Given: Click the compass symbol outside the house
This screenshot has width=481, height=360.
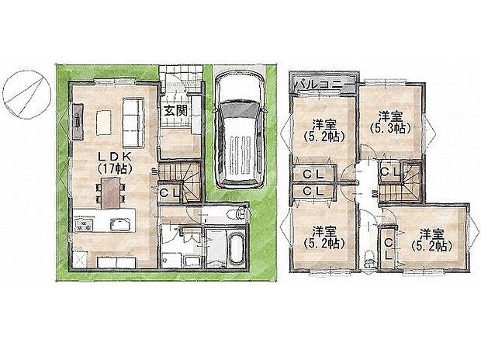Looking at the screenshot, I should click(26, 91).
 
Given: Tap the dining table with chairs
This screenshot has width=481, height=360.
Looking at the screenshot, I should click(110, 191).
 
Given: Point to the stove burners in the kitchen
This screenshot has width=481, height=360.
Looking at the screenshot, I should click(82, 225).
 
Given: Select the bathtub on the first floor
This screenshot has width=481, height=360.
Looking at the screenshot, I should click(230, 249).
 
